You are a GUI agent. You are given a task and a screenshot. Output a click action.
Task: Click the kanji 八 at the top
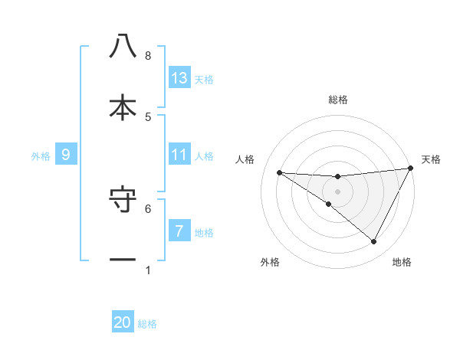(x=123, y=47)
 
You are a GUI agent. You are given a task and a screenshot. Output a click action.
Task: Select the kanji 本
(x=123, y=108)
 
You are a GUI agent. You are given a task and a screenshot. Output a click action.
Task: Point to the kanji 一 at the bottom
(x=123, y=260)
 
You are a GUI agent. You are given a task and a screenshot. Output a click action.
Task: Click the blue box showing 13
(x=179, y=78)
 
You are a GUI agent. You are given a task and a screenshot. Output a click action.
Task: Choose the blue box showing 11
(x=179, y=155)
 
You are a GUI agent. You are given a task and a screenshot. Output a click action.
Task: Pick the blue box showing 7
(x=179, y=231)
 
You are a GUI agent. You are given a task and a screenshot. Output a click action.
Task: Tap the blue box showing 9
(x=66, y=155)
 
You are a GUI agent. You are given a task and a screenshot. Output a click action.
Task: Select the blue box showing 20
(x=123, y=322)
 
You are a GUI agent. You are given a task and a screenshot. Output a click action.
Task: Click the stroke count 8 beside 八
(x=148, y=56)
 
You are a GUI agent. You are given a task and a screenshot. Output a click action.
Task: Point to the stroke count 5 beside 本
(x=148, y=117)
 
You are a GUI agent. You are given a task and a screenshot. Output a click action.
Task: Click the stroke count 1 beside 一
(x=148, y=270)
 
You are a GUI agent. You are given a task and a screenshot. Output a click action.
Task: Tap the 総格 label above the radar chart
(x=337, y=100)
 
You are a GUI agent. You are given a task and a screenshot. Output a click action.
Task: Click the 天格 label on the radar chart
(x=431, y=160)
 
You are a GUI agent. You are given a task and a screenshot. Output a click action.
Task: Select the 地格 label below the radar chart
(x=402, y=262)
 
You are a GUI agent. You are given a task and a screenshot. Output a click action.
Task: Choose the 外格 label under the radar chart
(x=270, y=262)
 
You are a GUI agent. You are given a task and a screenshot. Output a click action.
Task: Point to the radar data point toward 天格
(x=412, y=169)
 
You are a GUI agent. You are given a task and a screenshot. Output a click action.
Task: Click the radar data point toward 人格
(x=279, y=172)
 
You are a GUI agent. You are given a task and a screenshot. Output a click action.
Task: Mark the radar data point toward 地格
(x=374, y=242)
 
